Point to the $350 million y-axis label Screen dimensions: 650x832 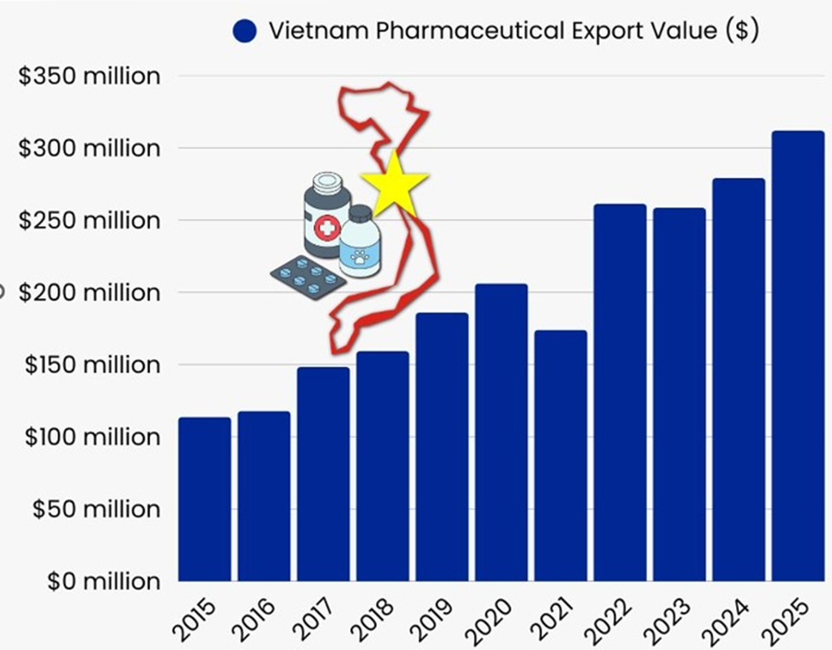(89, 76)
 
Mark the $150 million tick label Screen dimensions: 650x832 (89, 364)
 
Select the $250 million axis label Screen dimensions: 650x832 (89, 220)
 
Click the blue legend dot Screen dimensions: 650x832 (244, 30)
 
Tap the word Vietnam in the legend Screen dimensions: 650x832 (309, 30)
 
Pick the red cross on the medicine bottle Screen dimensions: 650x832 (326, 228)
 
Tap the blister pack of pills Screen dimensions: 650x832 (308, 276)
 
